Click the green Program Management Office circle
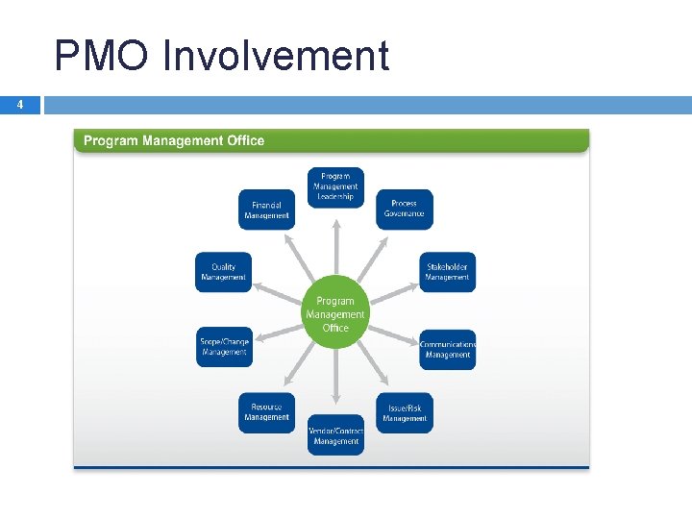pos(335,314)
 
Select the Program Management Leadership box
pos(335,186)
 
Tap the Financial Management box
pos(266,210)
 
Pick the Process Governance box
pos(404,209)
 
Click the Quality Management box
pos(223,272)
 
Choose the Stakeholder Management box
pos(447,272)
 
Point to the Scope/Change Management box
pos(224,347)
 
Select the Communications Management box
pos(447,349)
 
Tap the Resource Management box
pos(266,412)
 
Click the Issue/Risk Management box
pos(404,412)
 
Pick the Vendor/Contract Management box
pos(335,435)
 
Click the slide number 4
pos(21,105)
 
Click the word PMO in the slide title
pos(100,56)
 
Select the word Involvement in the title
pos(276,56)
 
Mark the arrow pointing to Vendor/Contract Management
pos(335,380)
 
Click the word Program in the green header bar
pos(111,140)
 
